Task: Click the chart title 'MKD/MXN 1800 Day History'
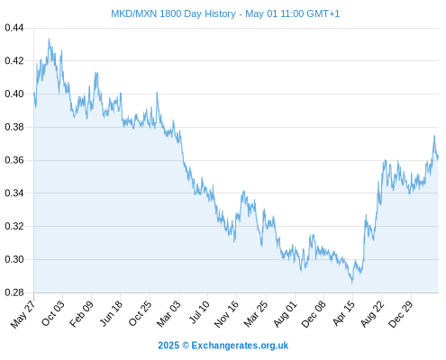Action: [173, 13]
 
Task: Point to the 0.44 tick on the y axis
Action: [14, 28]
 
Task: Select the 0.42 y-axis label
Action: [14, 61]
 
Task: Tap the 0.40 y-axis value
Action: [14, 94]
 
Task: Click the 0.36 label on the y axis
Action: [14, 160]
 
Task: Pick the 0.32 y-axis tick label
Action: [14, 226]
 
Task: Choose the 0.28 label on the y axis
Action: [14, 292]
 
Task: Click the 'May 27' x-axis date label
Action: [23, 314]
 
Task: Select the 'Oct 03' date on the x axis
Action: [53, 313]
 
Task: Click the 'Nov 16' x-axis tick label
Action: [226, 314]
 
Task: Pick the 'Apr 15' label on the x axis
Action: [344, 313]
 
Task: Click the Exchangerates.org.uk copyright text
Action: [223, 346]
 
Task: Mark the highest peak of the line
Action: [49, 39]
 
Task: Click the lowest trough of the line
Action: [352, 283]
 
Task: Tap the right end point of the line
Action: [438, 157]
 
